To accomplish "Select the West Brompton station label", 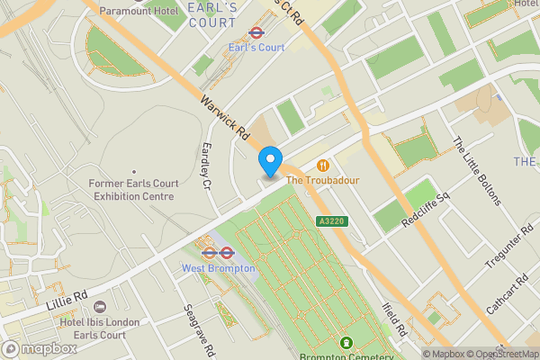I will pos(219,267).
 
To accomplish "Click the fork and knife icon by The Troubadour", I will pos(322,166).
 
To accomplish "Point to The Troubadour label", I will pos(322,181).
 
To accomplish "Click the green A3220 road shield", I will pos(329,221).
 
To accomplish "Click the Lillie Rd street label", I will pos(67,296).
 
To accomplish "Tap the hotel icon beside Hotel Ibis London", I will pos(100,307).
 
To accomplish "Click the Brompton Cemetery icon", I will pos(347,343).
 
